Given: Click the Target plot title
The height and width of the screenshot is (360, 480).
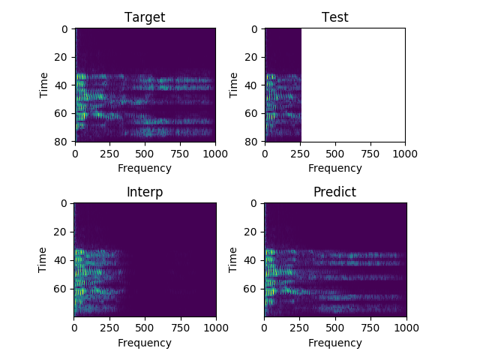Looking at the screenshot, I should (145, 17).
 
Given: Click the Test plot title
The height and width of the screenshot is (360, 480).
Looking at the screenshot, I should (334, 17).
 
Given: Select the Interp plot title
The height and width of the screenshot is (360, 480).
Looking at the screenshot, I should (145, 192).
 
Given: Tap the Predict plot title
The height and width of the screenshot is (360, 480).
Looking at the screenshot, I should (334, 192).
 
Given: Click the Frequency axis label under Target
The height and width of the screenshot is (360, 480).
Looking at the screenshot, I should (145, 168).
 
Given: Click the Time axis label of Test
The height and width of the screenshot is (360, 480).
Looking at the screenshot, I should (234, 85).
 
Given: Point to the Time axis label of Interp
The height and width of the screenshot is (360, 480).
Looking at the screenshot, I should (43, 259).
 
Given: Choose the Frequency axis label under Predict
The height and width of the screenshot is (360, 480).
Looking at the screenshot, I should (334, 343).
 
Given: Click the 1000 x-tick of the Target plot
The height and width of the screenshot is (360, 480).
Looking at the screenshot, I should (215, 154).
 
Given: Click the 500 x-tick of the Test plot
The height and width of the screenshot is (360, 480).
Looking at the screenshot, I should (334, 154).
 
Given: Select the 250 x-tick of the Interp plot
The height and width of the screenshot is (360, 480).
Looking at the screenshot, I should (109, 328).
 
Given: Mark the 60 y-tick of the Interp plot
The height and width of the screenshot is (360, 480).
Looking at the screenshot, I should (63, 288).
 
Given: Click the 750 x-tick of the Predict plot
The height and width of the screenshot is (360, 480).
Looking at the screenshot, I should (370, 328).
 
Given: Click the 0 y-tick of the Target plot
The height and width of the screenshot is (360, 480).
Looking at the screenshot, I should (66, 29).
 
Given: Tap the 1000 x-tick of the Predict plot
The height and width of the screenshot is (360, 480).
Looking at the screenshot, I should (406, 328).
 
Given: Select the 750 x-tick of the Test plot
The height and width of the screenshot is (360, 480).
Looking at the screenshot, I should (370, 154).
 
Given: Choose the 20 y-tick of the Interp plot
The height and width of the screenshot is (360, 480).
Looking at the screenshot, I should (63, 232).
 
